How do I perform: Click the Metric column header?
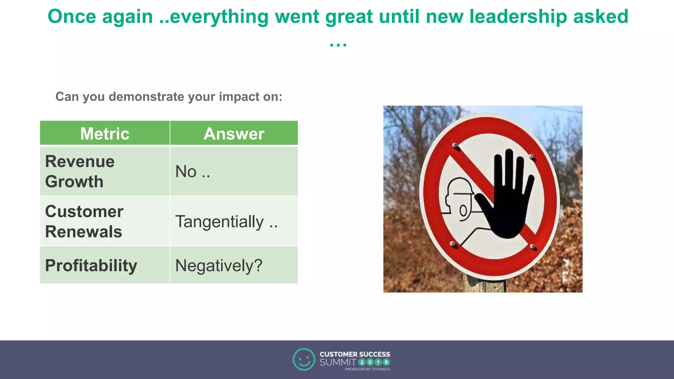pyautogui.click(x=105, y=134)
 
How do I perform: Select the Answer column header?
pyautogui.click(x=234, y=134)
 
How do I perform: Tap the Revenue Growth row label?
pyautogui.click(x=80, y=171)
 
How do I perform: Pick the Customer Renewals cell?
pyautogui.click(x=84, y=221)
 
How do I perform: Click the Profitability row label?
pyautogui.click(x=91, y=265)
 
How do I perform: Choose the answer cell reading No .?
pyautogui.click(x=193, y=172)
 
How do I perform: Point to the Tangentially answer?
pyautogui.click(x=226, y=221)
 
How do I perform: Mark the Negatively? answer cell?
pyautogui.click(x=219, y=265)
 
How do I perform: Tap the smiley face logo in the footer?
pyautogui.click(x=304, y=359)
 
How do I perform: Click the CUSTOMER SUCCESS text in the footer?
pyautogui.click(x=355, y=354)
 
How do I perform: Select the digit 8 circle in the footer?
pyautogui.click(x=386, y=362)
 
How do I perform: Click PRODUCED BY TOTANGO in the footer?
pyautogui.click(x=367, y=369)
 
